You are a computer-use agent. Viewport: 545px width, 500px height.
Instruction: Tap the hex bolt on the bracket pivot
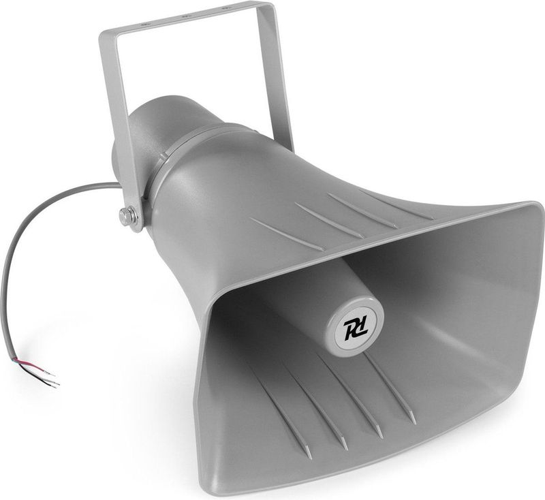coord(127,217)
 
